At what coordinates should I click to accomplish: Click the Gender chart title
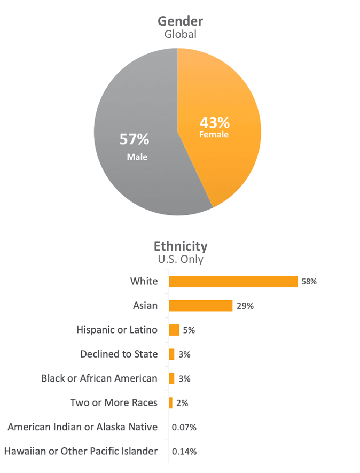(x=180, y=21)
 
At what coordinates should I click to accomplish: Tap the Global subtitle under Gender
(x=180, y=35)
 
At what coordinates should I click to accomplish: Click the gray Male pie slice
(x=134, y=176)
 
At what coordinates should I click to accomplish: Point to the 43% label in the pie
(x=214, y=121)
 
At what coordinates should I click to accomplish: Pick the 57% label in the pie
(x=134, y=139)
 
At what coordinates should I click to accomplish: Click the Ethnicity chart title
(x=181, y=246)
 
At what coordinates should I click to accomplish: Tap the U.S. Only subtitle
(x=181, y=260)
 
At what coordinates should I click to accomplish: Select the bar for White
(x=233, y=281)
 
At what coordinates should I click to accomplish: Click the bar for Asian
(x=200, y=306)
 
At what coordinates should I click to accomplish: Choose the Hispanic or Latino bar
(x=174, y=330)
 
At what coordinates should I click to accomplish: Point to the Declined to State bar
(x=171, y=354)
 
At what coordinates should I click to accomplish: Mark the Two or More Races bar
(x=170, y=402)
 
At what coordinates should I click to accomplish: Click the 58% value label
(x=309, y=281)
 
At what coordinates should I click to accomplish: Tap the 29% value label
(x=245, y=306)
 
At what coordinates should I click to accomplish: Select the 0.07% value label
(x=184, y=427)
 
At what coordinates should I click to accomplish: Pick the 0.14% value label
(x=184, y=452)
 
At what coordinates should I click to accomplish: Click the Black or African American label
(x=99, y=378)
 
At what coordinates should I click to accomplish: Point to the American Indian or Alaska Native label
(x=83, y=427)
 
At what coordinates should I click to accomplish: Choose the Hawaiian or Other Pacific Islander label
(x=81, y=451)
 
